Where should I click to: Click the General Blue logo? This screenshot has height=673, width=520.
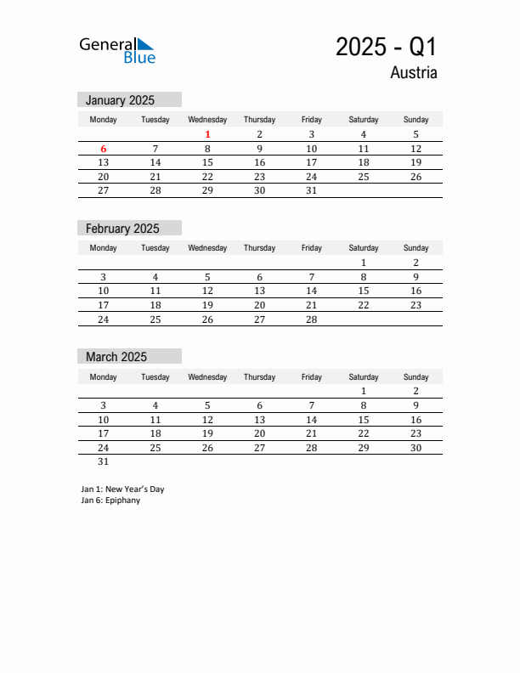pos(117,50)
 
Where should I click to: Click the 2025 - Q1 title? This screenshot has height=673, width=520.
pos(386,47)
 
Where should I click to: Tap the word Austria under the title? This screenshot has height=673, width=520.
pos(414,73)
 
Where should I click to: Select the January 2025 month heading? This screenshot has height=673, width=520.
pos(120,100)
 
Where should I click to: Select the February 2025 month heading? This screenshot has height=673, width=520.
pos(122,229)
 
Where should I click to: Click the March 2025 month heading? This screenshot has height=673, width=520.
pos(116,357)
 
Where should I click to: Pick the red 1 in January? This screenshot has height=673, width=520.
pos(207,134)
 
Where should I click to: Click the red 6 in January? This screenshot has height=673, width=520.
pos(104,149)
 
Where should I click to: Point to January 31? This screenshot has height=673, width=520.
pos(311,191)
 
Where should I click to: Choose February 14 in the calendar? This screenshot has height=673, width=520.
pos(311,291)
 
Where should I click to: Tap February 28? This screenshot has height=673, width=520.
pos(311,320)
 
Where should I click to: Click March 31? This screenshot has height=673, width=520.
pos(104,462)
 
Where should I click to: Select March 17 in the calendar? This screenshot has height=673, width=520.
pos(104,433)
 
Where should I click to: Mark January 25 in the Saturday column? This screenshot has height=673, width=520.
pos(364,177)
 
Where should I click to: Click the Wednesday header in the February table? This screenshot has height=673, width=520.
pos(207,248)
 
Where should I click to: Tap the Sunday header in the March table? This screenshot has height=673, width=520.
pos(415,377)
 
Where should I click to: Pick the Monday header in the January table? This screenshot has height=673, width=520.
pos(104,120)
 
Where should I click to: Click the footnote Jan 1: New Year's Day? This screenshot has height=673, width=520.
pos(123,489)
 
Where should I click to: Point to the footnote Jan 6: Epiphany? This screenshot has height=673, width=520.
pos(111,501)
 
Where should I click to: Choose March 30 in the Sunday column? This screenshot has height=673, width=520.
pos(415,448)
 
